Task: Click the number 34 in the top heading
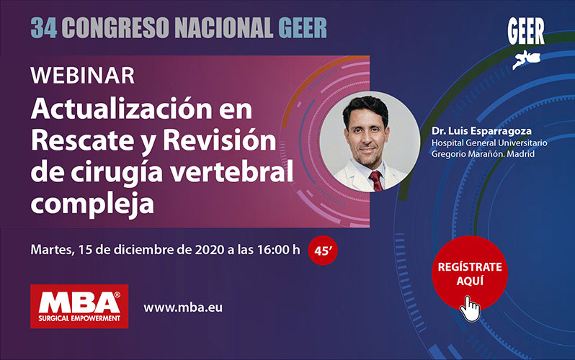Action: click(x=44, y=28)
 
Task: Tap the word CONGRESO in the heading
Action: click(x=115, y=28)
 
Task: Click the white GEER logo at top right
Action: click(x=526, y=32)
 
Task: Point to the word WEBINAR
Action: click(x=83, y=75)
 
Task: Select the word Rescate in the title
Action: click(x=82, y=141)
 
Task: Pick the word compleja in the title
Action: click(x=92, y=204)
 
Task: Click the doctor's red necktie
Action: click(x=376, y=181)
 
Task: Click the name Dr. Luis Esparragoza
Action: click(x=481, y=131)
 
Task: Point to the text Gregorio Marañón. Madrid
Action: click(x=483, y=154)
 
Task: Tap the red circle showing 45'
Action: click(x=323, y=251)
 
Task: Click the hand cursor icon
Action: click(x=470, y=309)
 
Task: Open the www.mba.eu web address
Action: click(x=183, y=307)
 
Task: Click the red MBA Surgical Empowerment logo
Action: click(x=79, y=307)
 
